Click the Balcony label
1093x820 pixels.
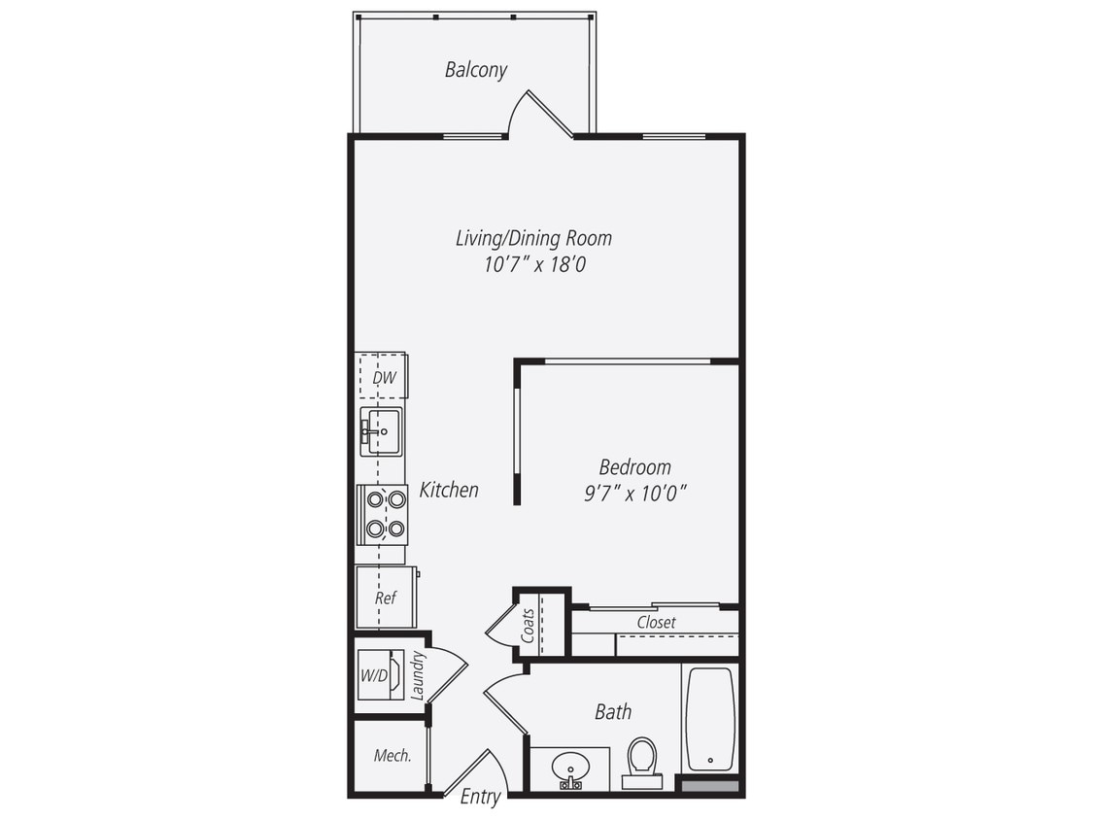coord(476,70)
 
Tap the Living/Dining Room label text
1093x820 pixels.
coord(533,238)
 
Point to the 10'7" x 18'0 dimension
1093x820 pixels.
coord(535,264)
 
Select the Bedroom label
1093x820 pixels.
coord(634,467)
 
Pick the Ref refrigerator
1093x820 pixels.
coord(386,598)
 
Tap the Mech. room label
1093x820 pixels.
coord(393,756)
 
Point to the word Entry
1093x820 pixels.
coord(480,798)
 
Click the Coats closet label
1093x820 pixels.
coord(528,624)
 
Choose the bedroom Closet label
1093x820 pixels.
coord(656,622)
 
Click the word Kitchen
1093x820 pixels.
coord(449,490)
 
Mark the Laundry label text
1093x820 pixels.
coord(418,675)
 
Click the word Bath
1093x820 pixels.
coord(613,712)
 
